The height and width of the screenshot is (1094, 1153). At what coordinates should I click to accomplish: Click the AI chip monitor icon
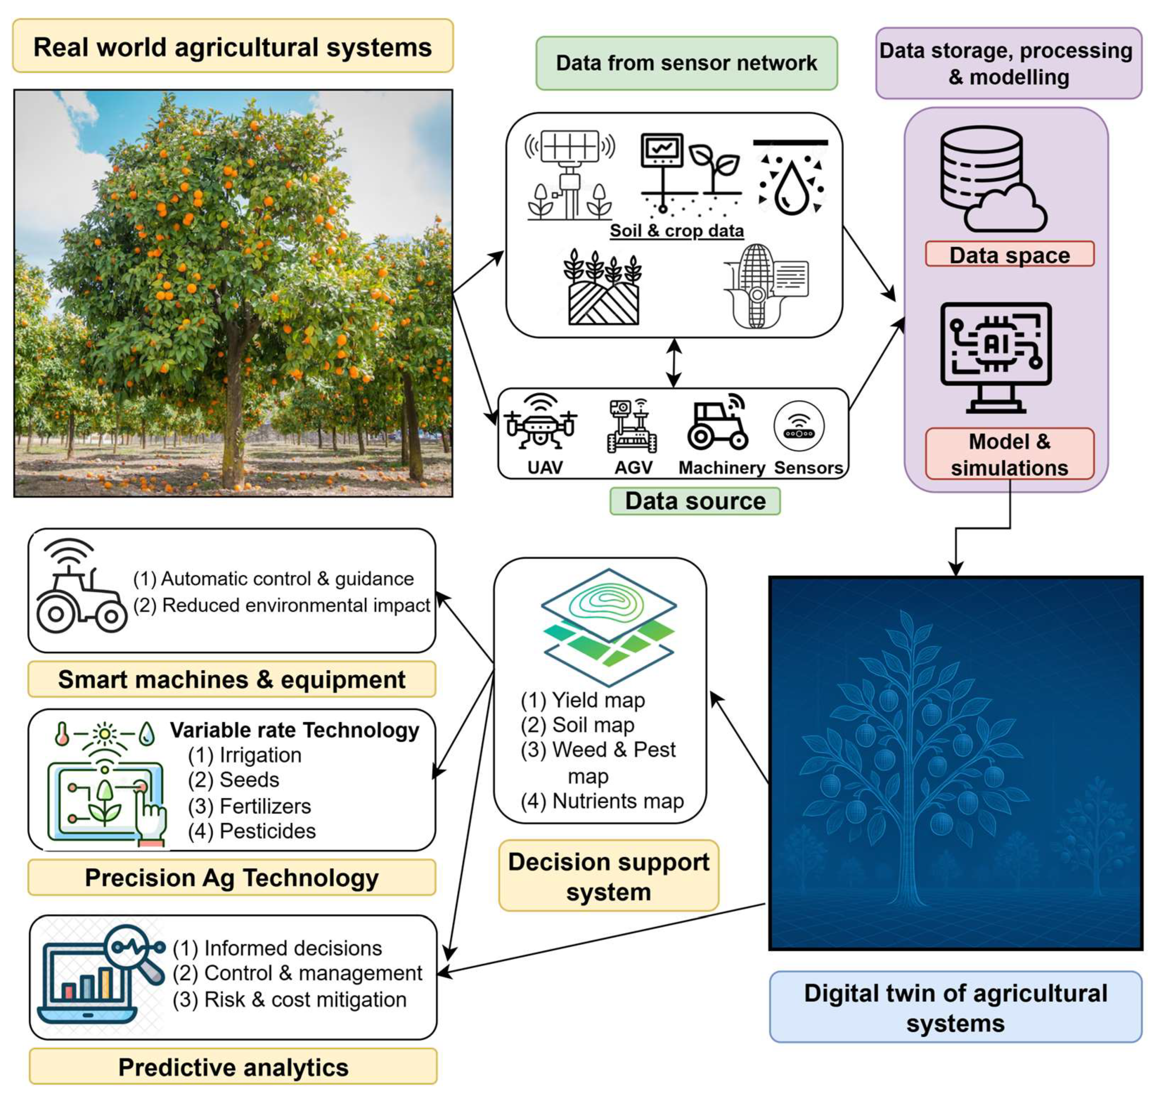(x=996, y=356)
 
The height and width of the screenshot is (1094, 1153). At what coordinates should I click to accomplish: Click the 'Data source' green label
(x=695, y=501)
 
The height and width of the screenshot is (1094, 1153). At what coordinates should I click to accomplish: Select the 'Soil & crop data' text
(x=676, y=231)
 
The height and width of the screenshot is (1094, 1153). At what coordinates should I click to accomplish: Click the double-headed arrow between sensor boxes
(x=674, y=363)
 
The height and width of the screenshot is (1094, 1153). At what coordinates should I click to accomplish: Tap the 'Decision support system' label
(x=608, y=876)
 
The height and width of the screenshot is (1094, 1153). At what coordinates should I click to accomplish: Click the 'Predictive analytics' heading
(x=233, y=1067)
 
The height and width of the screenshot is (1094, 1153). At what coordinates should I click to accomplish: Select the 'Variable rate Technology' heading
(x=295, y=730)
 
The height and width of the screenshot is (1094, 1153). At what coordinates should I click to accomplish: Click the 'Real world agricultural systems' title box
(x=233, y=47)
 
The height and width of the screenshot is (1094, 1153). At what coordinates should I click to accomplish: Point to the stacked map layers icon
(x=608, y=626)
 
